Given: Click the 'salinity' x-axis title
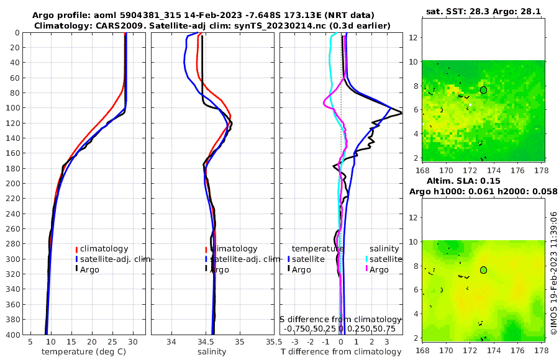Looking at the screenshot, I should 211,352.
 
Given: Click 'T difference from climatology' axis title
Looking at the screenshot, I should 341,352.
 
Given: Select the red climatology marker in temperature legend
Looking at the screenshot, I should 76,250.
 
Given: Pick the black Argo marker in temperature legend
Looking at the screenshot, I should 76,269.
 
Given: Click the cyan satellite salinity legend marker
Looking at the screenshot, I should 366,259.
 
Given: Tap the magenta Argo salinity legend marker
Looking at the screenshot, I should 366,269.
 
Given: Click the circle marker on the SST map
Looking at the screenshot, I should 483,90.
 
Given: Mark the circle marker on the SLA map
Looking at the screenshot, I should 483,270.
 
